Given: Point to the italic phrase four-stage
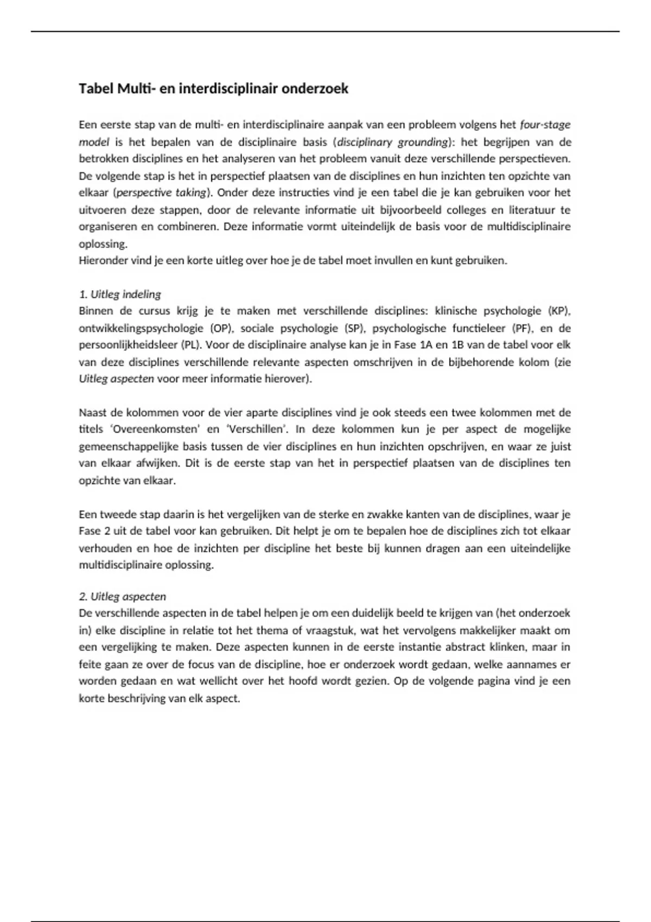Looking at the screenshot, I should coord(545,125).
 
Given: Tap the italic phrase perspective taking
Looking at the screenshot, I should coord(162,193).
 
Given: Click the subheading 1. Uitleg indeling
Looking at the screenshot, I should coord(120,294).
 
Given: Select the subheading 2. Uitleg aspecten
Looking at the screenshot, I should coord(122,597).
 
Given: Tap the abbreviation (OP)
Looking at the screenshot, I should coord(220,328).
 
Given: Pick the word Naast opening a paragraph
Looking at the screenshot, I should coord(93,413).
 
